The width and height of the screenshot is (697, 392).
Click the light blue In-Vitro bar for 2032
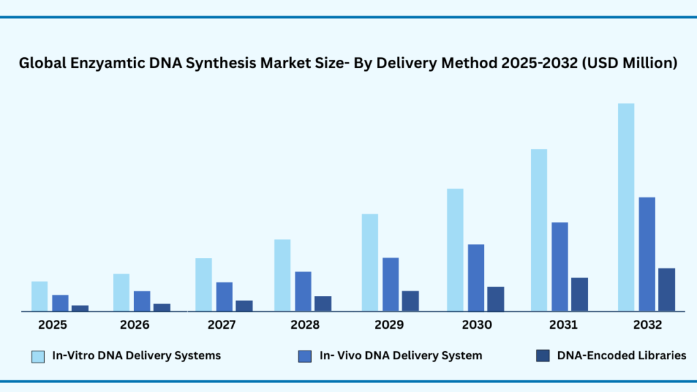[626, 207]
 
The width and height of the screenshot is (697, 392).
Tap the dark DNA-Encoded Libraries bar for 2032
[667, 289]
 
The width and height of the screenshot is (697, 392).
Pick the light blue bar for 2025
[39, 296]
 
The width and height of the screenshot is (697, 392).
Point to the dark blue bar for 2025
[80, 308]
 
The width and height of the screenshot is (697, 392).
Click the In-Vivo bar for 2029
[391, 284]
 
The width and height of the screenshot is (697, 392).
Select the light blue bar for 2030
[455, 250]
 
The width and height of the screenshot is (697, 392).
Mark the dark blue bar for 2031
[579, 294]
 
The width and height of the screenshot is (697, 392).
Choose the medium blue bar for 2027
[224, 296]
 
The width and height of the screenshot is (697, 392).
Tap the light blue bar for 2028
[282, 275]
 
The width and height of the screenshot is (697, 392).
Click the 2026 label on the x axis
[135, 325]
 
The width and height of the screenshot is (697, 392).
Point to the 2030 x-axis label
[476, 325]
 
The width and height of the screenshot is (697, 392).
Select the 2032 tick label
[647, 325]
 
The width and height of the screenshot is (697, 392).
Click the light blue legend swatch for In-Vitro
[38, 355]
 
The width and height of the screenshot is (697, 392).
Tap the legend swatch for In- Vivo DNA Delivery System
[306, 355]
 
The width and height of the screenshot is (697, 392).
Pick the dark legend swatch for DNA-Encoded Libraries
[542, 355]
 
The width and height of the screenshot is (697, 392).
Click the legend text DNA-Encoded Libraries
[621, 355]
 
